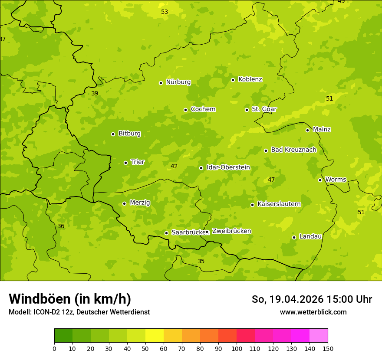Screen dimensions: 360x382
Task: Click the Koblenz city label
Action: click(250, 79)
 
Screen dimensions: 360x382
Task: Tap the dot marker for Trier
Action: click(126, 163)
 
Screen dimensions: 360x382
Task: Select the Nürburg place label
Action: click(178, 82)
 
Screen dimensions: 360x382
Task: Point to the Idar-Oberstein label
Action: click(228, 167)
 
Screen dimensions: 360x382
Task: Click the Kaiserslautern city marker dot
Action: click(252, 205)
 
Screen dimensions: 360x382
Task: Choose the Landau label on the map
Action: click(310, 236)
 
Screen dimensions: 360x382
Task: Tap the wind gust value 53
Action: click(165, 12)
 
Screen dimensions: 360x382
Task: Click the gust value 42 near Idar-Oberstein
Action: click(174, 166)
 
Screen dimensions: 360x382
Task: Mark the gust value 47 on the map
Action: click(271, 180)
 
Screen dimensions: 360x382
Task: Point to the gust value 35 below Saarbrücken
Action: click(201, 261)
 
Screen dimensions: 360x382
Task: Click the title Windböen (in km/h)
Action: click(70, 299)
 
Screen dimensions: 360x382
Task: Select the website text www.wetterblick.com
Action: click(313, 312)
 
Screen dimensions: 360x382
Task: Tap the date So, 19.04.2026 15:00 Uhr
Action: click(312, 299)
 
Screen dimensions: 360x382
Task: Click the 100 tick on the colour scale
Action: click(237, 349)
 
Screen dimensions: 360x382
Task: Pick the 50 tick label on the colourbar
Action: click(145, 349)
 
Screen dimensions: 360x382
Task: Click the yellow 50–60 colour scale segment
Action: click(155, 336)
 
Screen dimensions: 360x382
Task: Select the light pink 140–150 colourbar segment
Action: click(319, 336)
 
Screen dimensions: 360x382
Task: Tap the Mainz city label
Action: click(322, 129)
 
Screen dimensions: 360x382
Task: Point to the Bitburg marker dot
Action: click(113, 134)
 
